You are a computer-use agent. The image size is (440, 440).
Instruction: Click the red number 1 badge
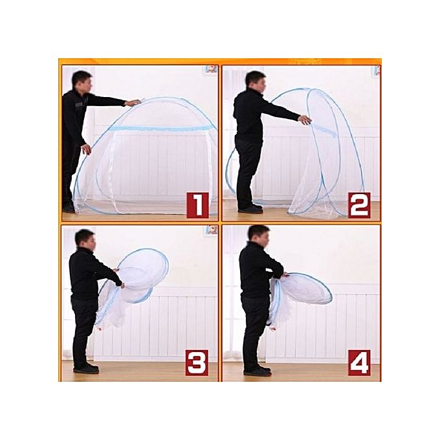click(198, 205)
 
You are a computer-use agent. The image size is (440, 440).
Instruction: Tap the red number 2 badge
click(359, 205)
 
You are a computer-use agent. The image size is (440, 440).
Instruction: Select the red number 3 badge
click(197, 362)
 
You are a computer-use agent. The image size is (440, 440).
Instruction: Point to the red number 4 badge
click(359, 362)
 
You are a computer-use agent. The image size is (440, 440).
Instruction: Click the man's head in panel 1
click(82, 81)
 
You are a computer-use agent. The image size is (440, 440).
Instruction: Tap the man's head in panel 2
click(256, 82)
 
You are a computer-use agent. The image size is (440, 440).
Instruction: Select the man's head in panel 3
click(85, 239)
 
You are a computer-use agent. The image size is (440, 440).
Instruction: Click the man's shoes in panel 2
click(250, 208)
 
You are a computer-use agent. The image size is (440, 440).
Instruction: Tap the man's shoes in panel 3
click(86, 368)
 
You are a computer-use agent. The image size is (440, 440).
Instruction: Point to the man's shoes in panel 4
click(258, 370)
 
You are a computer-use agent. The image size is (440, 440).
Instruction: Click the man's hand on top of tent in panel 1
click(133, 103)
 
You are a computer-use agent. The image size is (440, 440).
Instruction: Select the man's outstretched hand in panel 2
click(305, 120)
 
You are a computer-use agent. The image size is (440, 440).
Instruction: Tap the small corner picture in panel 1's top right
click(211, 69)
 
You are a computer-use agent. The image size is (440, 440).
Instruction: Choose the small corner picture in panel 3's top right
click(211, 230)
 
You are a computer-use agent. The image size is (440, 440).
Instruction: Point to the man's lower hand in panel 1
click(87, 149)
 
